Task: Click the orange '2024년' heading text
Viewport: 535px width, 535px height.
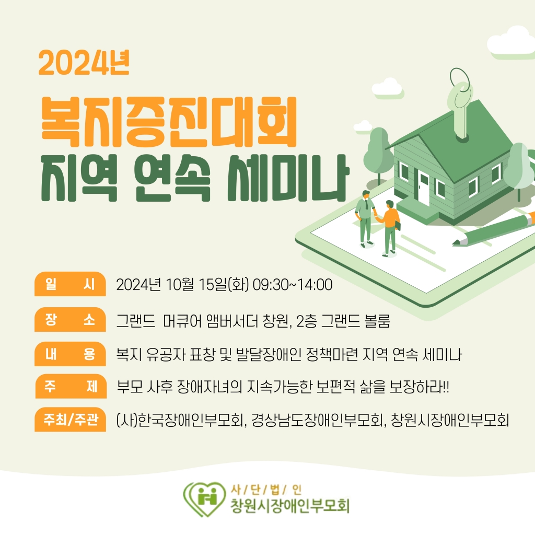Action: (x=84, y=63)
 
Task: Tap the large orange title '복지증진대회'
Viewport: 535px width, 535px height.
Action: (x=169, y=122)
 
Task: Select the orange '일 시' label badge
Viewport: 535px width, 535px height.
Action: (x=71, y=284)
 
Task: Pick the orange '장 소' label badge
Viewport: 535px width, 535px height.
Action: (x=71, y=319)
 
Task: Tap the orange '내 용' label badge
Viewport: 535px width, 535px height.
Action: (x=71, y=354)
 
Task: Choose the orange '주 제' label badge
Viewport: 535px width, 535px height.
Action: (x=71, y=386)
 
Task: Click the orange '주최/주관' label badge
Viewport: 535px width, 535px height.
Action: (x=71, y=420)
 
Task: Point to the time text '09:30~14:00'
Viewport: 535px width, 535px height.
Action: (x=293, y=285)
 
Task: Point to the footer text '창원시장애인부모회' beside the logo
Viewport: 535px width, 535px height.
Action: (x=290, y=506)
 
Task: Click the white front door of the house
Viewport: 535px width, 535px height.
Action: (x=423, y=189)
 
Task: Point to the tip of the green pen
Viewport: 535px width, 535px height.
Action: (x=453, y=244)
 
